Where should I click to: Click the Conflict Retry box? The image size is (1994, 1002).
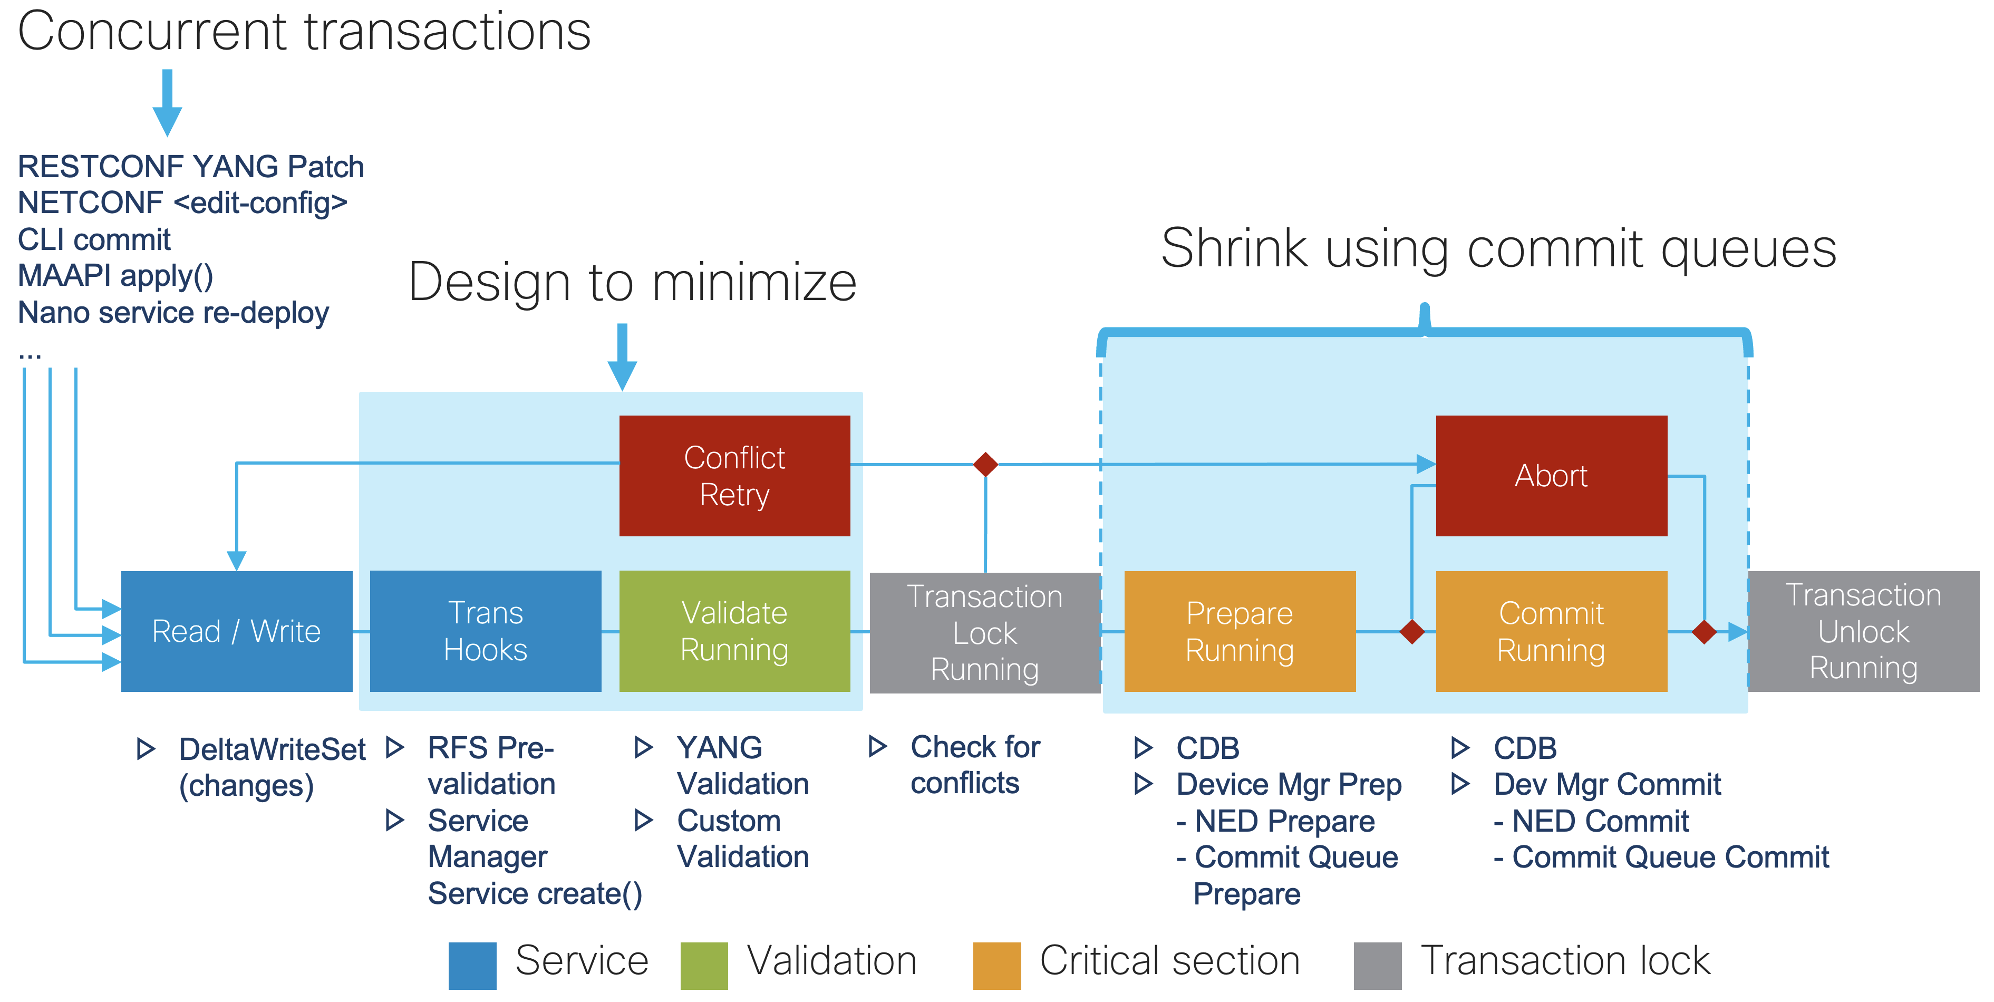pyautogui.click(x=734, y=476)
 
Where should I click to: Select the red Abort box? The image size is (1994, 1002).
pyautogui.click(x=1551, y=476)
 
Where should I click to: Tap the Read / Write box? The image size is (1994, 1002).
pyautogui.click(x=237, y=631)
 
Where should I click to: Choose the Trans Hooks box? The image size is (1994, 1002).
pyautogui.click(x=486, y=631)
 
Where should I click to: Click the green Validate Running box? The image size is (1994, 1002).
pyautogui.click(x=734, y=631)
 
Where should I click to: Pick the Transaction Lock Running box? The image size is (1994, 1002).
pyautogui.click(x=985, y=633)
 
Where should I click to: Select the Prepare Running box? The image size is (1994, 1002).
pyautogui.click(x=1240, y=631)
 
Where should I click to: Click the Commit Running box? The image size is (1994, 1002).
pyautogui.click(x=1551, y=631)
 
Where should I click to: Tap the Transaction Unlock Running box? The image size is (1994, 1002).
pyautogui.click(x=1864, y=631)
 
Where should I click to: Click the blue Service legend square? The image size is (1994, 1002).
pyautogui.click(x=472, y=966)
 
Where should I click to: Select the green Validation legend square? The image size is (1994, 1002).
pyautogui.click(x=704, y=966)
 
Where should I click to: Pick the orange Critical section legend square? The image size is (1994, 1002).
pyautogui.click(x=997, y=966)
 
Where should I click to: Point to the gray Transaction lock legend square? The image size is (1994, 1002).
pyautogui.click(x=1378, y=966)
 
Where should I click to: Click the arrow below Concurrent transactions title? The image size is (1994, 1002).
pyautogui.click(x=167, y=102)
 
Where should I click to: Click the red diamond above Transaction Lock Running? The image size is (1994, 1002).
pyautogui.click(x=985, y=465)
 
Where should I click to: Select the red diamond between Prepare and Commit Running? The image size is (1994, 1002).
pyautogui.click(x=1412, y=632)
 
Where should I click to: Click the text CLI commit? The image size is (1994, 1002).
pyautogui.click(x=94, y=239)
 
